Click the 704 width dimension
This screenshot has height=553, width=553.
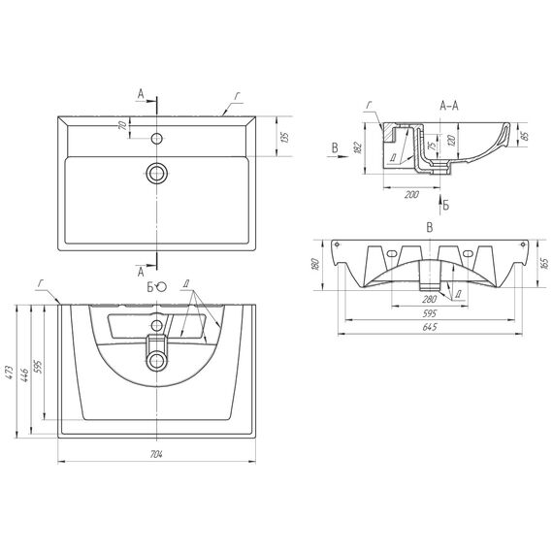[156, 454]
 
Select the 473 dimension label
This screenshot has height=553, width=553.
[10, 373]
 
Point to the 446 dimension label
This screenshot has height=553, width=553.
[24, 376]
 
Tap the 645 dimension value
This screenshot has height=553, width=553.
[430, 327]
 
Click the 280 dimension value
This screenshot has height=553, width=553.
[430, 300]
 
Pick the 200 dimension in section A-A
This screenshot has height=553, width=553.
[411, 194]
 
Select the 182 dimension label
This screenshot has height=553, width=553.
[357, 147]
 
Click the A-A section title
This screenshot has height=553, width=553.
[449, 106]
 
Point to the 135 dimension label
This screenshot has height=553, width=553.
[285, 137]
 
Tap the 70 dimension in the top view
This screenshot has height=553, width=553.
[123, 125]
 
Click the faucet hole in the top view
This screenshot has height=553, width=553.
[156, 138]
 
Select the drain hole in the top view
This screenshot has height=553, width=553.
[156, 173]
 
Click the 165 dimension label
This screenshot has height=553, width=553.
[544, 264]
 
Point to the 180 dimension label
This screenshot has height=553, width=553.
[315, 265]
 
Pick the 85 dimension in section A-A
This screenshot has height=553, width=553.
[525, 136]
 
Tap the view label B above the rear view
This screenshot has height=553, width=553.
[430, 228]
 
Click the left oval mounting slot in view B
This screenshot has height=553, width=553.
[391, 253]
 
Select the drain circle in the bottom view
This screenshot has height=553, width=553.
[156, 361]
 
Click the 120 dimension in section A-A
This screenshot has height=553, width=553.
[451, 140]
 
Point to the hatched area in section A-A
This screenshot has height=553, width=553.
[389, 132]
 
